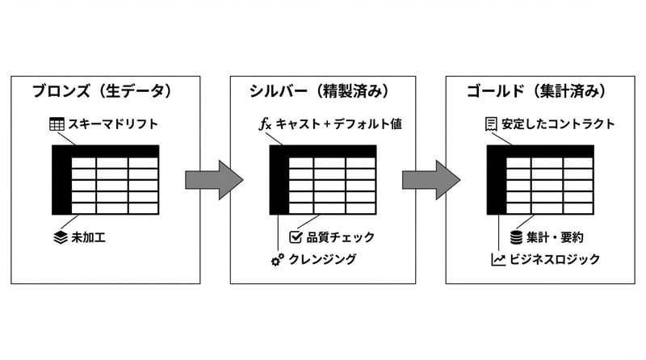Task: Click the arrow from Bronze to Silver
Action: click(213, 179)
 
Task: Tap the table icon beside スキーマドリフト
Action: click(56, 124)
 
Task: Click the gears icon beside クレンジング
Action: click(277, 259)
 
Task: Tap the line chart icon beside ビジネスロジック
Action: click(497, 259)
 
